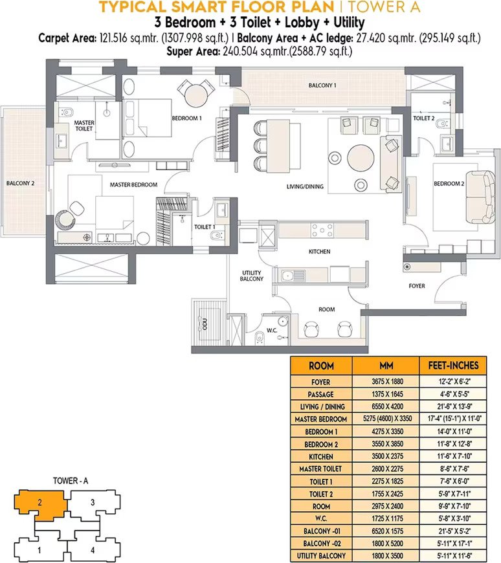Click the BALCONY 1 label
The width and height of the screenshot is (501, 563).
(322, 85)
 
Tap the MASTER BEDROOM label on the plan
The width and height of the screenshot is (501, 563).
(133, 184)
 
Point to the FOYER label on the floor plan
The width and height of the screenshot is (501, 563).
(417, 286)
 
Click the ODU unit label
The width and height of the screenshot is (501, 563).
(205, 324)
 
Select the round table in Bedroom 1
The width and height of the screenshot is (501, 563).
(196, 94)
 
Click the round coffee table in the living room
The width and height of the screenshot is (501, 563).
(361, 159)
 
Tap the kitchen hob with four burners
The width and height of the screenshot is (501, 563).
(322, 230)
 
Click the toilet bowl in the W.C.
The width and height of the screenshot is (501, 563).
(259, 338)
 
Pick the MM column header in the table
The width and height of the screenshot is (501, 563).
(386, 366)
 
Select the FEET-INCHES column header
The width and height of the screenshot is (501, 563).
(453, 366)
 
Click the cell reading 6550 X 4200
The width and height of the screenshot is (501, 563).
(387, 406)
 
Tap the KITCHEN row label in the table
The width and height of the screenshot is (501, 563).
(320, 457)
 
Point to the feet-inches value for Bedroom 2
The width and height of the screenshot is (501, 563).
(454, 444)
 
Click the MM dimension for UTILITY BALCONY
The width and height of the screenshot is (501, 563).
(387, 556)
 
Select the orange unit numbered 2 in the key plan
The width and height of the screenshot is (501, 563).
(40, 505)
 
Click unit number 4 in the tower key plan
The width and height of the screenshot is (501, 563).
(93, 549)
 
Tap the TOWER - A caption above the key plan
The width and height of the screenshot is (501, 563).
(71, 480)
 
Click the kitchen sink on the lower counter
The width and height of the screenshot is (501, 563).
(287, 276)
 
